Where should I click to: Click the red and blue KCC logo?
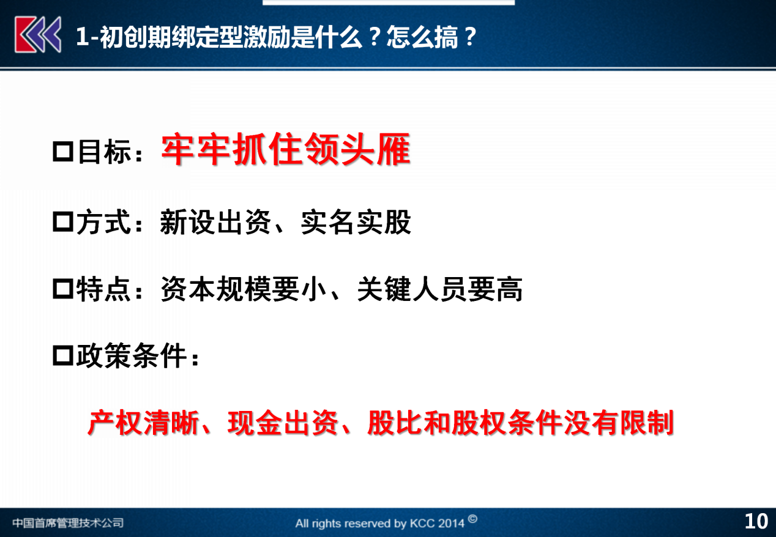[38, 35]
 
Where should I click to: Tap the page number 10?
[756, 521]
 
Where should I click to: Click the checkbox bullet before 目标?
[63, 152]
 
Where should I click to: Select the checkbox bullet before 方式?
[63, 222]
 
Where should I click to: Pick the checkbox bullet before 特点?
[63, 289]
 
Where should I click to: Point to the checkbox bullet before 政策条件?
[63, 355]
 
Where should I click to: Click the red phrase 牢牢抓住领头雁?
[286, 150]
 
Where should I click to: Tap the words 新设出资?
[215, 222]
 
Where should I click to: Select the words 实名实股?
[356, 222]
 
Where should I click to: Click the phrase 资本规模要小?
[244, 289]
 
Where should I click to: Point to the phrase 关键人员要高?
[439, 289]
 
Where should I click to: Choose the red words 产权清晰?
[143, 423]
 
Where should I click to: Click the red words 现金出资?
[283, 423]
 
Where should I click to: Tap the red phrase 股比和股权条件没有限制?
[520, 423]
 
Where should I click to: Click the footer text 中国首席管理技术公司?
[68, 522]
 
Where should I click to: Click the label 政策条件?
[132, 355]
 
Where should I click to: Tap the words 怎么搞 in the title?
[422, 36]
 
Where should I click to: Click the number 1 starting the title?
[82, 36]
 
